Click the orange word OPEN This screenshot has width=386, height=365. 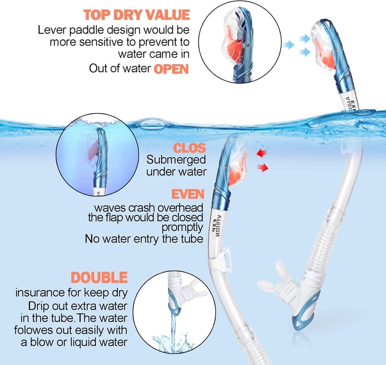171,69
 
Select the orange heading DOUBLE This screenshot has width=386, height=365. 99,278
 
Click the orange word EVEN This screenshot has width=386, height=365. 188,194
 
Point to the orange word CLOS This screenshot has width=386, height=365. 189,148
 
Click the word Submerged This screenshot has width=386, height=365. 176,160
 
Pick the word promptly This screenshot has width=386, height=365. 182,228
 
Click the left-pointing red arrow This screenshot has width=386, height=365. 262,153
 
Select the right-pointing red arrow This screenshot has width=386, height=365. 262,167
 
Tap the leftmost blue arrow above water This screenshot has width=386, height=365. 288,45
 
